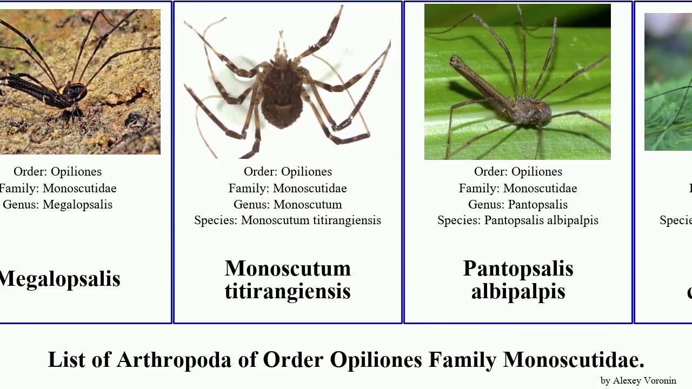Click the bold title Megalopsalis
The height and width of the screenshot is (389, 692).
(x=60, y=279)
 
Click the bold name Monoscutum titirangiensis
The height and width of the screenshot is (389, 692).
(x=288, y=279)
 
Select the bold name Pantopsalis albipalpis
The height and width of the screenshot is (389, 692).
(x=518, y=279)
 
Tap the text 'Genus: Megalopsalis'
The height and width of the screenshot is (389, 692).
(x=57, y=205)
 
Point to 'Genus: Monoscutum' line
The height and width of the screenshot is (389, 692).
(x=288, y=205)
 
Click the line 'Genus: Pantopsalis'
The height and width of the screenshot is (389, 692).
(x=518, y=205)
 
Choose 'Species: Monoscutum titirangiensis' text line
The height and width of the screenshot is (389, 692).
(x=288, y=220)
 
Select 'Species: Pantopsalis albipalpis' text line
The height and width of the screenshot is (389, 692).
(x=518, y=220)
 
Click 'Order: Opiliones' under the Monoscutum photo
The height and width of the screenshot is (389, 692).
(x=288, y=172)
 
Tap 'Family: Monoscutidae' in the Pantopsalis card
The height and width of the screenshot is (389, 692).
(x=518, y=189)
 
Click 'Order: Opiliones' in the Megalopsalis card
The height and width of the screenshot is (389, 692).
(x=57, y=172)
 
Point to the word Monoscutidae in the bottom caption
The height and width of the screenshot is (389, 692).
(x=574, y=360)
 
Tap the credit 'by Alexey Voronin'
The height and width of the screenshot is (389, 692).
(x=638, y=381)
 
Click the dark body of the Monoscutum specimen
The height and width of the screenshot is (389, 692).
(x=282, y=97)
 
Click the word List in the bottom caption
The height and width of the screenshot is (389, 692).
(x=66, y=360)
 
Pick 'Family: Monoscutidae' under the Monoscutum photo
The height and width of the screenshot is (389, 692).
(x=288, y=189)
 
